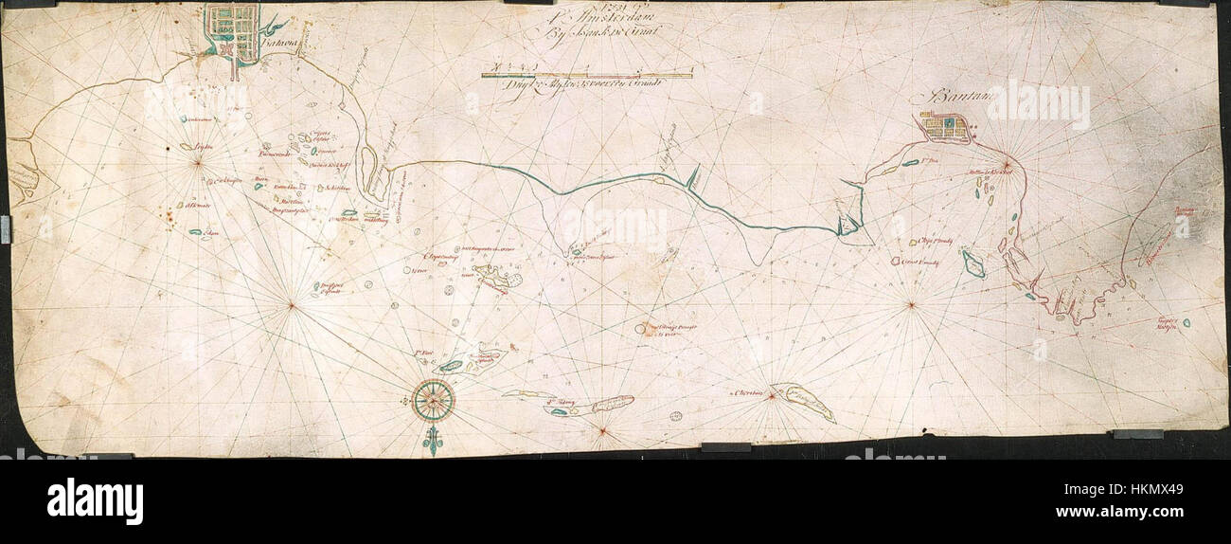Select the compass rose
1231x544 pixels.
433,400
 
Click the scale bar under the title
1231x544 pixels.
587,74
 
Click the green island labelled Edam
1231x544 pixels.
196,232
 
